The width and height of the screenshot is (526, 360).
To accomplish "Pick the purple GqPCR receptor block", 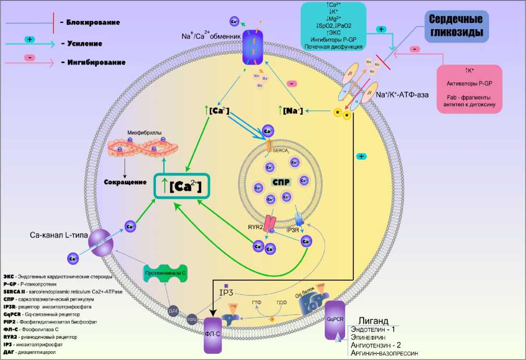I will click(335, 319).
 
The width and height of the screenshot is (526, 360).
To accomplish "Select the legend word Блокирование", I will click(93, 22).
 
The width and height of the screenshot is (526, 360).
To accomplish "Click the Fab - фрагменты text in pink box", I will click(470, 97).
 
